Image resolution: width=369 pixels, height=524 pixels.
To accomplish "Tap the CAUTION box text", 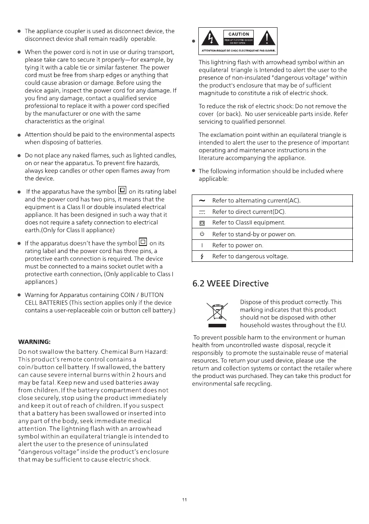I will (239, 34).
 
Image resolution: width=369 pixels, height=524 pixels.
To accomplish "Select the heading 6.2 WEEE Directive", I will (230, 283).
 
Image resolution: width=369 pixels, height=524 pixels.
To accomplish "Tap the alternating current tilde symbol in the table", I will (201, 201).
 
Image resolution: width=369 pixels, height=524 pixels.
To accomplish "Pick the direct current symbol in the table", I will (201, 212).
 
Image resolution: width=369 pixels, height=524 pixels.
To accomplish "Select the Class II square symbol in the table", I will (201, 223).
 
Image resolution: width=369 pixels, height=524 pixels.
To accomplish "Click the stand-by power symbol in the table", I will (201, 235).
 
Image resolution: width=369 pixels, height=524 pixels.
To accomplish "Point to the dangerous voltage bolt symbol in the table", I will (201, 257).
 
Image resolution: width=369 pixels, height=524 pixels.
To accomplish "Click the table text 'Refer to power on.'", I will (237, 246).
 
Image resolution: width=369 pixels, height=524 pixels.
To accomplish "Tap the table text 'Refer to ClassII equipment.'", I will (248, 223).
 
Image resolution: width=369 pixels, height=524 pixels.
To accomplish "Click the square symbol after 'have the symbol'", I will (122, 191).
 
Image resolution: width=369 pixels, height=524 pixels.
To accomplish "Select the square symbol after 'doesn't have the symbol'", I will (142, 242).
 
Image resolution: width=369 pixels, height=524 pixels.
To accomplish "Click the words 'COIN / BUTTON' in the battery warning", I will (143, 295).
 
